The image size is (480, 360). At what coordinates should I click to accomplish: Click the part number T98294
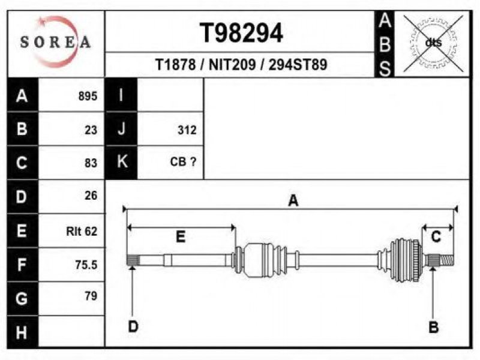tap(241, 33)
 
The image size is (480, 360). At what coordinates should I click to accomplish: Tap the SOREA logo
tap(55, 41)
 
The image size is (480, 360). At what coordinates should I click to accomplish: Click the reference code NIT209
tap(232, 65)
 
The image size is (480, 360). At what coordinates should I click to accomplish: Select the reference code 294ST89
tap(298, 65)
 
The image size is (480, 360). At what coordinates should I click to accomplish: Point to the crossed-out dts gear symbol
tap(433, 43)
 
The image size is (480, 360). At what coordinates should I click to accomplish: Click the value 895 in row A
tap(88, 96)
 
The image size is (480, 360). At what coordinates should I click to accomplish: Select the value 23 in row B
tap(91, 130)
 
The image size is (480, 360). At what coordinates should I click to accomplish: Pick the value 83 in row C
tap(91, 163)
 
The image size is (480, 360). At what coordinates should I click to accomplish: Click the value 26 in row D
tap(91, 196)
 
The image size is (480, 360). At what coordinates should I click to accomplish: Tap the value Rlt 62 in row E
tap(82, 231)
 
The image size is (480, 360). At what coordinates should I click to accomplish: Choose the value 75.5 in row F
tap(86, 265)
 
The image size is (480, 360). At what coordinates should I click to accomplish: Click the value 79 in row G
tap(91, 296)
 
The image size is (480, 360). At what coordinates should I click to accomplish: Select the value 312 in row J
tap(187, 130)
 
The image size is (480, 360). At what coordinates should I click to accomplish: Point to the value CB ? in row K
tap(183, 161)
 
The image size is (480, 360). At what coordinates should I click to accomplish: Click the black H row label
tap(23, 332)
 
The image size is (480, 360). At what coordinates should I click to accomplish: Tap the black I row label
tap(121, 95)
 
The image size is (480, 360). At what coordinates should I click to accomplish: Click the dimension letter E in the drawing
tap(181, 237)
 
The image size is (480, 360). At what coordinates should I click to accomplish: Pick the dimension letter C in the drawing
tap(436, 236)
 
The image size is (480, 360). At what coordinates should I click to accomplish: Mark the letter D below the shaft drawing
tap(133, 326)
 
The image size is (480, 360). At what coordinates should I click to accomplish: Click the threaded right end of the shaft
tap(447, 260)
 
